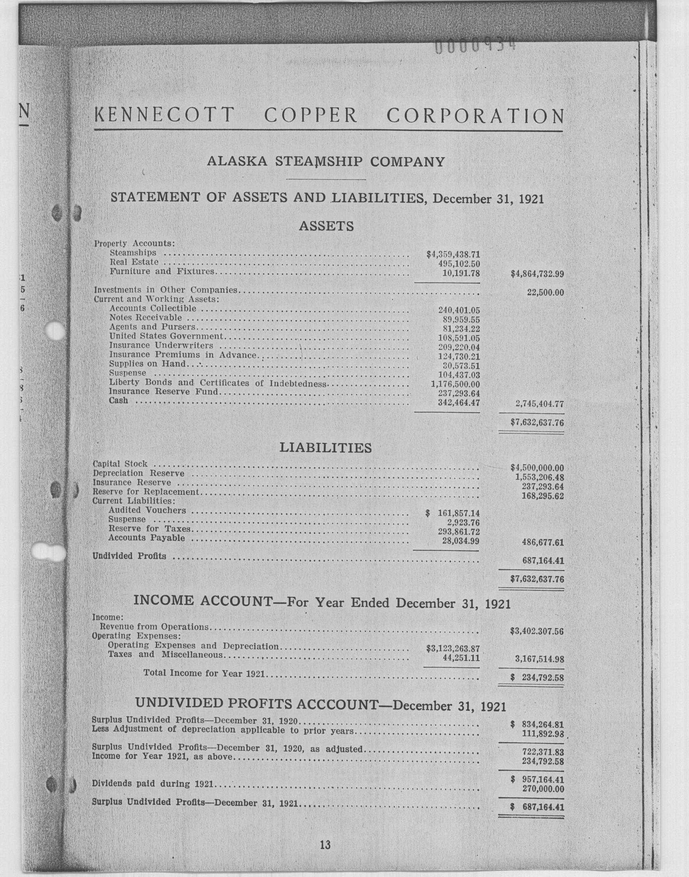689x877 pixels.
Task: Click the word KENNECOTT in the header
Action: click(x=163, y=116)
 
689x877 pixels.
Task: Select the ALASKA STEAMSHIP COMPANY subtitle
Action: click(x=325, y=162)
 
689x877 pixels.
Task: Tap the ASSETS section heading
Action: click(x=326, y=226)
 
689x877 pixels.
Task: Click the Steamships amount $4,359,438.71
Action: click(x=453, y=254)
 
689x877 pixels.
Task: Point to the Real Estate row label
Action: click(x=134, y=262)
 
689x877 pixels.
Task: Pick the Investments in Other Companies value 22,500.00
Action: click(x=545, y=292)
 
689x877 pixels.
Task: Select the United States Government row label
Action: click(x=166, y=336)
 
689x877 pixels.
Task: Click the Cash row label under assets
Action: click(x=118, y=400)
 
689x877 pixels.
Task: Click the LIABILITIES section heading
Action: click(x=325, y=448)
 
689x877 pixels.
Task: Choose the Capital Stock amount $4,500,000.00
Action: click(x=537, y=468)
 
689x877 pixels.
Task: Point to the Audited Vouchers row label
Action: click(x=147, y=511)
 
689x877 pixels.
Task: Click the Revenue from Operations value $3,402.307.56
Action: click(x=537, y=632)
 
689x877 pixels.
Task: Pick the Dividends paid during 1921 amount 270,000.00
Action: click(x=543, y=789)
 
